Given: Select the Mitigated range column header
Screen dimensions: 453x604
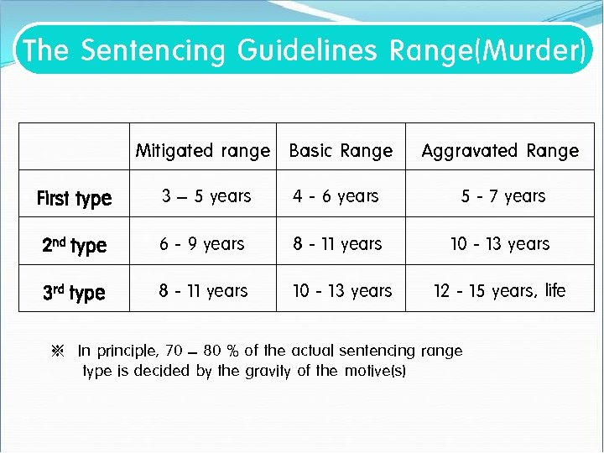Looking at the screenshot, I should tap(203, 151).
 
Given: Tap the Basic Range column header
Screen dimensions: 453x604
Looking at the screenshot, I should tap(341, 151).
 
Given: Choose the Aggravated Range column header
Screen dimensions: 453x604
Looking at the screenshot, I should tap(500, 151).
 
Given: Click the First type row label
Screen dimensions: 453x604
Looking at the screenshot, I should tap(74, 198).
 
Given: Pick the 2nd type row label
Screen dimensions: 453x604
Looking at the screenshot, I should tap(74, 246).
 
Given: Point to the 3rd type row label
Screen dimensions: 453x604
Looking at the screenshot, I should tap(74, 293).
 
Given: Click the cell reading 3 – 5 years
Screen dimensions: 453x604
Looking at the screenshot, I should tap(206, 196).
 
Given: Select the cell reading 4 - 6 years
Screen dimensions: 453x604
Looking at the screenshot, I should tap(336, 196).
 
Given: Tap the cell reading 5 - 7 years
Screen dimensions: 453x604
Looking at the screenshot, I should tap(503, 196).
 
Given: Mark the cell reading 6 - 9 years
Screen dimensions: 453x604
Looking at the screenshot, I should tap(202, 244).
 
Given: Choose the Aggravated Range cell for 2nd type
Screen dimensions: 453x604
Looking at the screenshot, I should tap(500, 244).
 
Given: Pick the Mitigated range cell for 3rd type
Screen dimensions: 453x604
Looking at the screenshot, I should tap(204, 291).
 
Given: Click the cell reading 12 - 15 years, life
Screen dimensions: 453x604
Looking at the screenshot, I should tap(500, 291).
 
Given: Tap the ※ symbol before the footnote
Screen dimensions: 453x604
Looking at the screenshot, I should tap(59, 351).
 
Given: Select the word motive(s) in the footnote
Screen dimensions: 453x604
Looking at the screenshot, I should tap(375, 371).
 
